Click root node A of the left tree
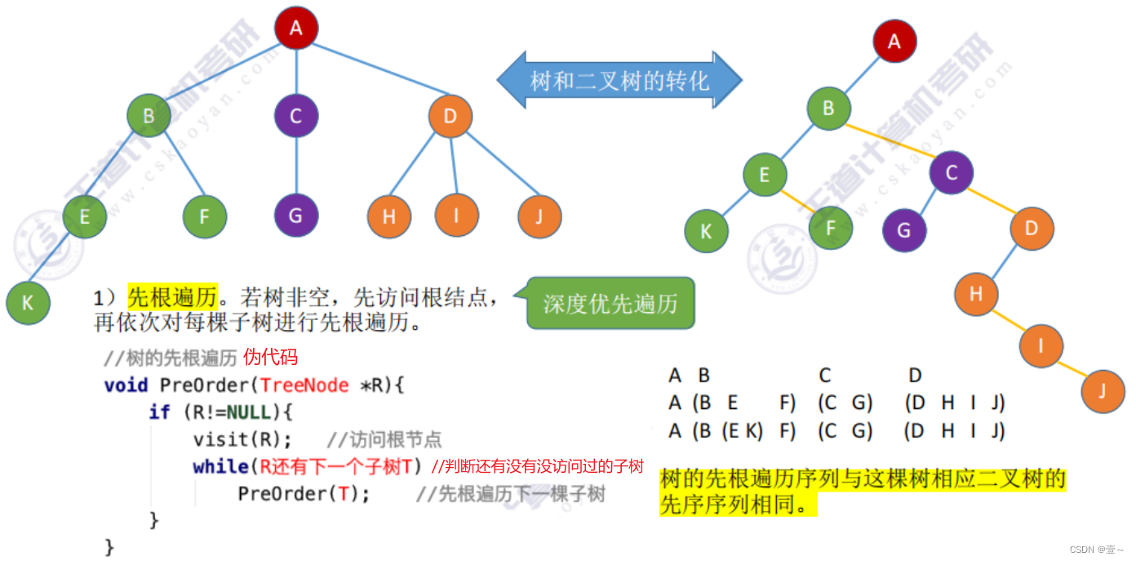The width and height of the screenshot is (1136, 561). coord(295,28)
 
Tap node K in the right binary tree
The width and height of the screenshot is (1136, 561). coord(706,230)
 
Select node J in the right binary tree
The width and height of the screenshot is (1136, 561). coord(1103,390)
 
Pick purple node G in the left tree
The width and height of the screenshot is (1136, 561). coord(295,216)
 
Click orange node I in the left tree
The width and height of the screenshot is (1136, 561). coord(456,216)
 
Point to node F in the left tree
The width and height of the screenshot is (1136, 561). coord(204,216)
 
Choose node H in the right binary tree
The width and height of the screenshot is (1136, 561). coord(976,293)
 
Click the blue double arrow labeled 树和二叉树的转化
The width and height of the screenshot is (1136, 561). coord(619,80)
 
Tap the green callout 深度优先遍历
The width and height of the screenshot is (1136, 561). coord(610,304)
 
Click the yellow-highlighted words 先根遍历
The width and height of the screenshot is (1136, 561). coord(172,298)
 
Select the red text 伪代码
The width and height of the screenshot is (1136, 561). coord(271,357)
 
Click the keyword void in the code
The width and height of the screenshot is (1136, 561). coord(126,385)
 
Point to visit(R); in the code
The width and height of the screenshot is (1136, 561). coord(242,439)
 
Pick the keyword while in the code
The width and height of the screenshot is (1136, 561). coord(220,466)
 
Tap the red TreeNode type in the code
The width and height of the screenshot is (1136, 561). coord(304,385)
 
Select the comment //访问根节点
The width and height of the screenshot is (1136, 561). coord(384,440)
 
